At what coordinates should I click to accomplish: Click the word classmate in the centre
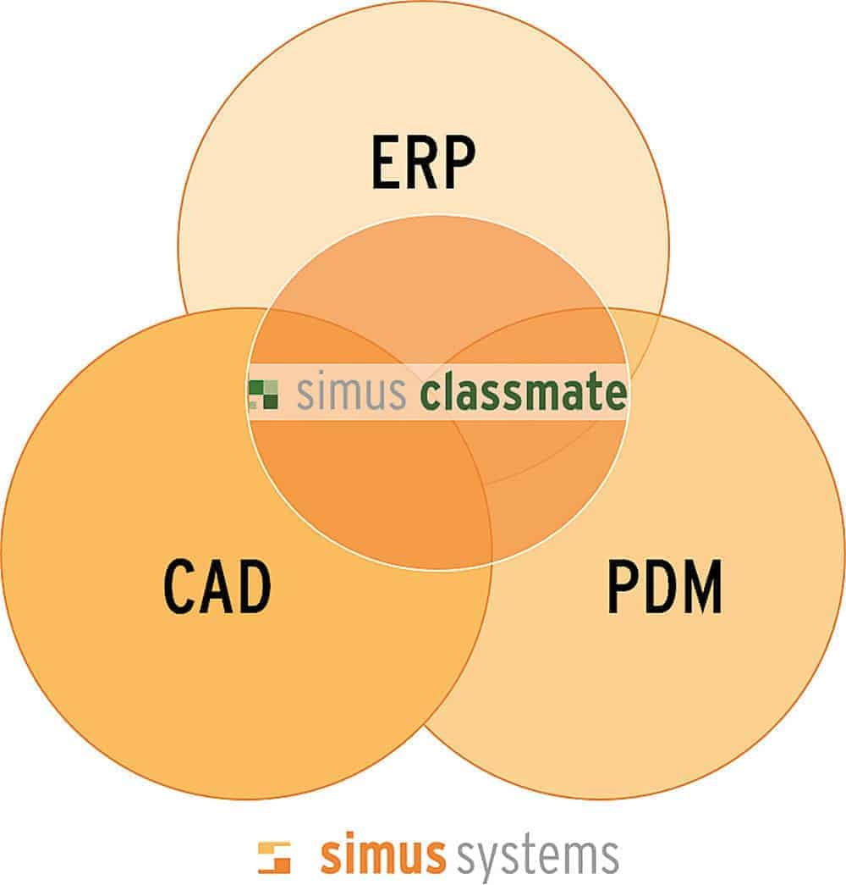(x=524, y=393)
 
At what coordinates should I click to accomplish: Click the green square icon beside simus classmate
(x=263, y=394)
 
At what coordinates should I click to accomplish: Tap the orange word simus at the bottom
(x=382, y=856)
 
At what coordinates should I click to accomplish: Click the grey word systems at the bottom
(x=536, y=858)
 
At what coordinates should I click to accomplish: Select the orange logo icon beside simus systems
(x=274, y=857)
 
